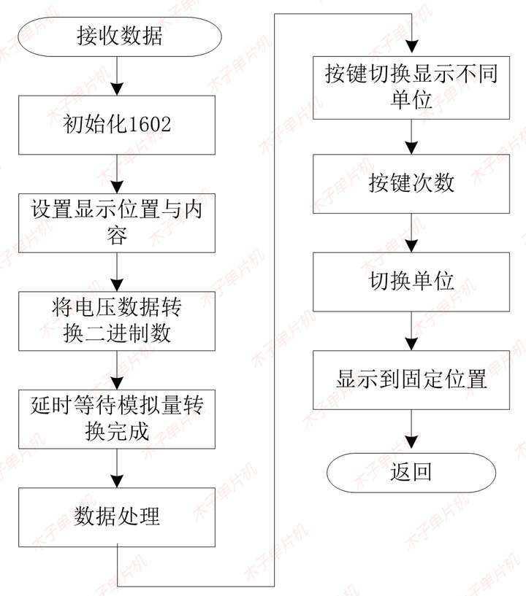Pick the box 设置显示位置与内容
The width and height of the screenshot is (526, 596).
[118, 222]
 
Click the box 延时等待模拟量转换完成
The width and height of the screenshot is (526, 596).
[118, 418]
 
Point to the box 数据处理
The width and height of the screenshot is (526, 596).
[118, 517]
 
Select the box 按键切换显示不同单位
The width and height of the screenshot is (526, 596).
[411, 87]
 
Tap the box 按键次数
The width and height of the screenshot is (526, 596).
[411, 183]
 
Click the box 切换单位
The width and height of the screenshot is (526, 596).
[411, 281]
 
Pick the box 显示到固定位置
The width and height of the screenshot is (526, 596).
[411, 379]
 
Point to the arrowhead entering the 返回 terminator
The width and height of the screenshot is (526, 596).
[411, 446]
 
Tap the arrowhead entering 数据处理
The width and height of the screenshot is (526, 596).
[118, 481]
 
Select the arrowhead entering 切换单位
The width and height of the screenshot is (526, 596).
[411, 247]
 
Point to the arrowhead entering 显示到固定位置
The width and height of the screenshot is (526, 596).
[411, 344]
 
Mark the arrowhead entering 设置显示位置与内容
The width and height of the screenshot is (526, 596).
[118, 186]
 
